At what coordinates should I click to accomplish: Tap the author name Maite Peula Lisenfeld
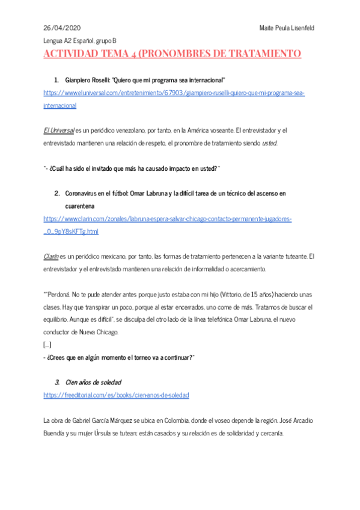[x=287, y=28]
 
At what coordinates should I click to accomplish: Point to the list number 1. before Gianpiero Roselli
[x=56, y=80]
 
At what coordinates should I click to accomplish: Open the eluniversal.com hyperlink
[x=174, y=93]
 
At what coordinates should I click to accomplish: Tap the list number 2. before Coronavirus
[x=57, y=194]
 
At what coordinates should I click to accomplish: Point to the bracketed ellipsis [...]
[x=47, y=345]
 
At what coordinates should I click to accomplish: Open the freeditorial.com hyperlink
[x=116, y=395]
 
